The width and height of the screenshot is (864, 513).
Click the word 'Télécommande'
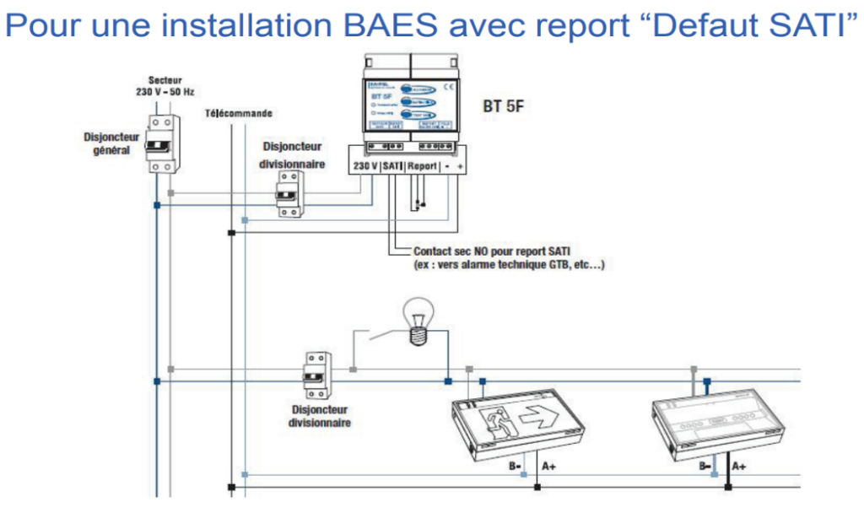tap(239, 114)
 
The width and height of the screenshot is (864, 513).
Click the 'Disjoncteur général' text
tap(111, 143)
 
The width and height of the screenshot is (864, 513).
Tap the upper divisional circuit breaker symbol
tap(288, 193)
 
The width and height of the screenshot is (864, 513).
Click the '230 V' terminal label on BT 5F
tap(365, 167)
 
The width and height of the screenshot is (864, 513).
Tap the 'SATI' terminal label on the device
tap(392, 167)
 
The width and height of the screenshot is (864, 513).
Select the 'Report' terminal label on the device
tap(422, 167)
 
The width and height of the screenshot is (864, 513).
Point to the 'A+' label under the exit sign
tap(549, 465)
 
